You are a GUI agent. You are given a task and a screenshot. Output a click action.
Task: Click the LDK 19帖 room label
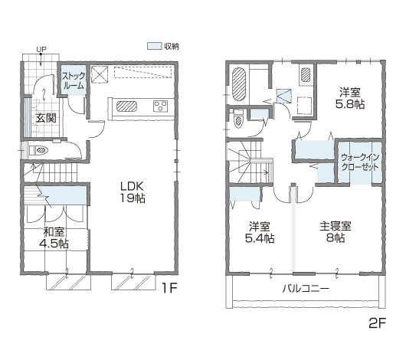point(133,192)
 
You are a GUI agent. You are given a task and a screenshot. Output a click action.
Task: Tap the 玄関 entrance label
point(46,118)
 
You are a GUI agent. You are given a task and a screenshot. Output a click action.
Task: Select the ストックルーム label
point(74,80)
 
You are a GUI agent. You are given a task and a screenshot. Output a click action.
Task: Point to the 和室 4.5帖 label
point(54,237)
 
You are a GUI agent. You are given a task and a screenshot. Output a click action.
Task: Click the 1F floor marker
point(169,288)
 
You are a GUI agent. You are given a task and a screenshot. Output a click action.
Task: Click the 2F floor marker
point(377,323)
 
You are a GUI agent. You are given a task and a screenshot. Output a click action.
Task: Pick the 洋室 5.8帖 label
point(350,98)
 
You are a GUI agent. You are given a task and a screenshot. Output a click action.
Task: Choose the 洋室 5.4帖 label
point(260,232)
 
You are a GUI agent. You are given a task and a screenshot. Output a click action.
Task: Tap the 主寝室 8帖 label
point(336,232)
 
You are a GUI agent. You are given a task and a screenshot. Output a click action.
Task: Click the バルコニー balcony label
point(306,288)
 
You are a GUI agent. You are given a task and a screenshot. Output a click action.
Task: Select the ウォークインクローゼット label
point(360,162)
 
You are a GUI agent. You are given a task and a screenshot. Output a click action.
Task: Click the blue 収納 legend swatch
point(154,46)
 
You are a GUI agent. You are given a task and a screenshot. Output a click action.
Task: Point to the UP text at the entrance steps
point(41,49)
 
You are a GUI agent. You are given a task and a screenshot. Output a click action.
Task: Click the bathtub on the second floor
point(239,84)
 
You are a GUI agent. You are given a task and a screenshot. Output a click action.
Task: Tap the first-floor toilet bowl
point(41,150)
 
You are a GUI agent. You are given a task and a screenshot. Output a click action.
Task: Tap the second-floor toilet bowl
point(238,121)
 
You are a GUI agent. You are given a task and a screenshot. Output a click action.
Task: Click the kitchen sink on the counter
point(126,106)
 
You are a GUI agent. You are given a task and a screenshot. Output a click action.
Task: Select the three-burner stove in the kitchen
point(161,106)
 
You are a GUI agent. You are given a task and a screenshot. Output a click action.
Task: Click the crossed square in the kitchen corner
point(100,74)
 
